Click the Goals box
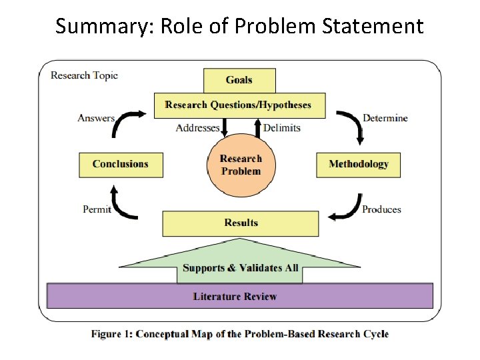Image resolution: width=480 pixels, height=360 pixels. [x=239, y=80]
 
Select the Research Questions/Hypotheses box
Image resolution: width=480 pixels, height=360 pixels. [x=239, y=105]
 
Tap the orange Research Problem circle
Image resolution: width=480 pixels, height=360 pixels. [x=241, y=165]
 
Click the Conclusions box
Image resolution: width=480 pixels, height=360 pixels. [x=121, y=164]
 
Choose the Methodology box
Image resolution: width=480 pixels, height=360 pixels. [x=359, y=164]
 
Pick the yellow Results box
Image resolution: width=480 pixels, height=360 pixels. [x=241, y=223]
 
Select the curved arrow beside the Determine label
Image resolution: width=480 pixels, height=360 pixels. [x=351, y=125]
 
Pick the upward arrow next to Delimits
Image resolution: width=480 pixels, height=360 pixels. [x=257, y=126]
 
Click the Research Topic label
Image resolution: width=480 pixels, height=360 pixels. [x=84, y=75]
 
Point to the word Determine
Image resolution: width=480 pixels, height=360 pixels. [x=385, y=118]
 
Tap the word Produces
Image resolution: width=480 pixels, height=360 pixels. [x=381, y=209]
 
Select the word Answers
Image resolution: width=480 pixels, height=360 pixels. [x=96, y=118]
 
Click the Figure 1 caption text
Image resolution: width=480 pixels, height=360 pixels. [x=240, y=334]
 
